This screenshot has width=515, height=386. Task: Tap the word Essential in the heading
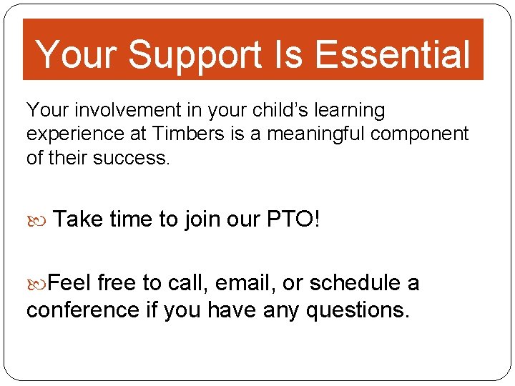392,54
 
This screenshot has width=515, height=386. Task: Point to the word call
184,284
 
